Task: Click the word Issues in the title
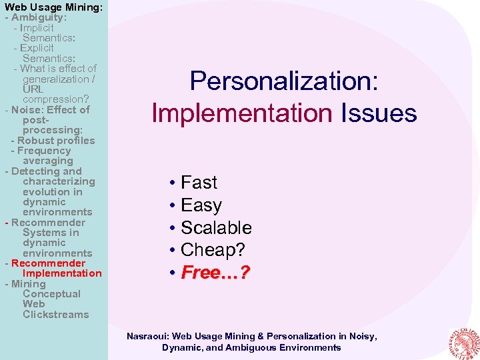[x=379, y=113]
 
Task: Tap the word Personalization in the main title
[x=284, y=81]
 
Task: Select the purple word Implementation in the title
[x=241, y=113]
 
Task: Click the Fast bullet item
[x=199, y=183]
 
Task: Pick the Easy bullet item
[x=201, y=205]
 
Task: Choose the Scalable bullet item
[x=216, y=228]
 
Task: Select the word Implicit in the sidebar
[x=37, y=28]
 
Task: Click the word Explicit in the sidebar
[x=37, y=49]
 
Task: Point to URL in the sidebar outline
[x=33, y=89]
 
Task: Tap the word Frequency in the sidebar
[x=44, y=151]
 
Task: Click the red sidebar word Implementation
[x=62, y=273]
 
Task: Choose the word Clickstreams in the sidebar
[x=55, y=315]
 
